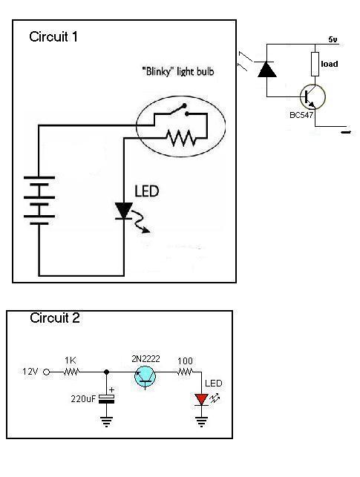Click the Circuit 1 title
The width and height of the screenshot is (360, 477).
53,37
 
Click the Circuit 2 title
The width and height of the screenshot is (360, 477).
55,318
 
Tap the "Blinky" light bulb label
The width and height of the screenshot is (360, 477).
178,71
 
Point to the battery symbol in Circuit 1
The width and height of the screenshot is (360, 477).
39,200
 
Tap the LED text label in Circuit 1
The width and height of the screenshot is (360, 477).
147,191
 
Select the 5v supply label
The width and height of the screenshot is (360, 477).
333,39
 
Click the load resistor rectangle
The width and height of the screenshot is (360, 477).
315,64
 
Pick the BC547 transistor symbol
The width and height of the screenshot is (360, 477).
312,96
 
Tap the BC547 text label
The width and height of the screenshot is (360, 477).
301,115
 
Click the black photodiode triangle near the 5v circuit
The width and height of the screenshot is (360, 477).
267,69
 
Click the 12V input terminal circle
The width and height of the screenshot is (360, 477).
46,372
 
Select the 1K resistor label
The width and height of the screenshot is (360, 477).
70,361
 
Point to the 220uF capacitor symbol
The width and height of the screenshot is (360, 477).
106,399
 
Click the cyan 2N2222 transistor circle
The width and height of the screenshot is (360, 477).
145,377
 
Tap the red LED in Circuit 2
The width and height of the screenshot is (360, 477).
201,399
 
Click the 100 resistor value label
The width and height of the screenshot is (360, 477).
185,361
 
